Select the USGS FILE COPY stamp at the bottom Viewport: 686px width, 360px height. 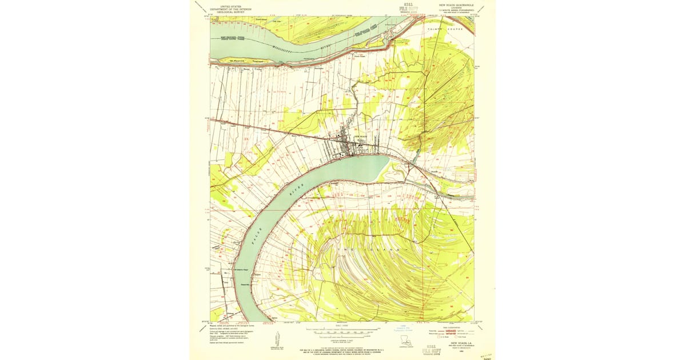click(x=430, y=347)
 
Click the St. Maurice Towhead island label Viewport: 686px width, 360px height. click(x=240, y=60)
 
